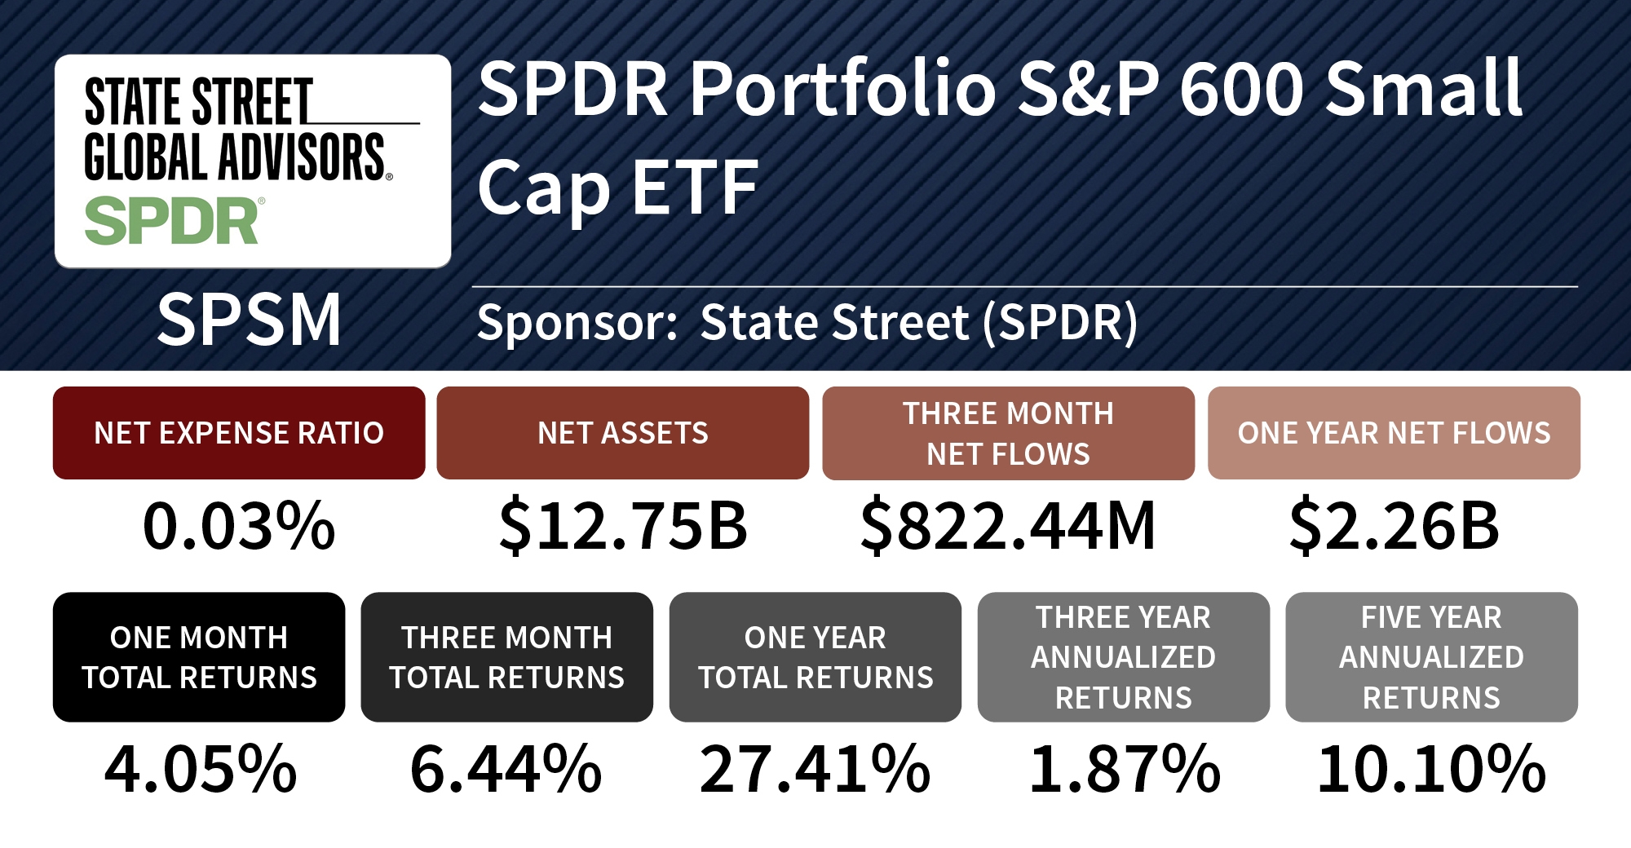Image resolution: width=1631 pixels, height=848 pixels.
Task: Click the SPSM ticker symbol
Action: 249,320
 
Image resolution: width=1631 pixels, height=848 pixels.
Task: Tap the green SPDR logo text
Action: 172,222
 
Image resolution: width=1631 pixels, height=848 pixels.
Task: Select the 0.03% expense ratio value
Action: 239,526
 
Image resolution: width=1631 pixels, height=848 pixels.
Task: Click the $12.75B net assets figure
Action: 623,526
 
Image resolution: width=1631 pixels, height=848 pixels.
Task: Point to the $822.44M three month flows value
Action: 1008,526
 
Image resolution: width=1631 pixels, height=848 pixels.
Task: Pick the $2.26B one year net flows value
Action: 1394,526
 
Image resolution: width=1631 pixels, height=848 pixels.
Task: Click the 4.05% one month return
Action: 201,769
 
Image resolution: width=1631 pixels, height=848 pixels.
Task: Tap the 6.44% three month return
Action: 506,769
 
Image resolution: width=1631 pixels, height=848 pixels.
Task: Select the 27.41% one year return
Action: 815,769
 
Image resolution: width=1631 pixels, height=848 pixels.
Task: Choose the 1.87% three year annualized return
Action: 1125,769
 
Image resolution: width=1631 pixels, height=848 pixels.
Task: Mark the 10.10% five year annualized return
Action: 1431,769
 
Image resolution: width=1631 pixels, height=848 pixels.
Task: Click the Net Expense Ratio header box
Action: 239,433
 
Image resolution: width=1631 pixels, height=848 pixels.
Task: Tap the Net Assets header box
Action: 623,433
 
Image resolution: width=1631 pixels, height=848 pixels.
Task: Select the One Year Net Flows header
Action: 1394,433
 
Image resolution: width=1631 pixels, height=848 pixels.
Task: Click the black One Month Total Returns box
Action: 199,657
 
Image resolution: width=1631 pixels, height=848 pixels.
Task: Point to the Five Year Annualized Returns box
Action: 1431,657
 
